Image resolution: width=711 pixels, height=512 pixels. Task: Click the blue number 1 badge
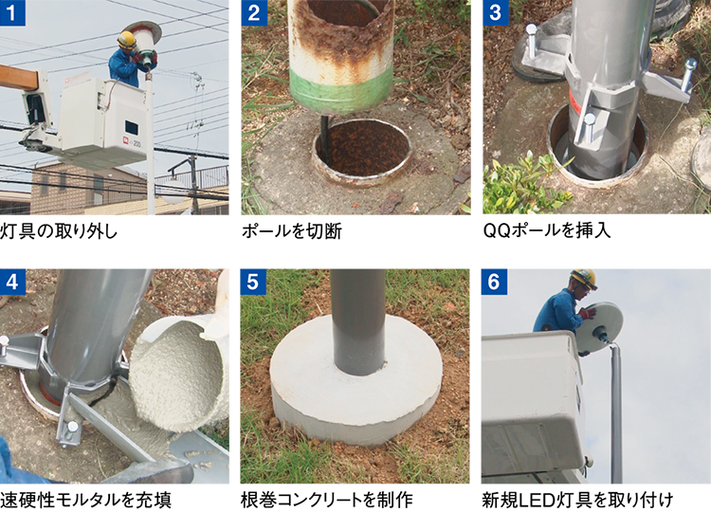12,12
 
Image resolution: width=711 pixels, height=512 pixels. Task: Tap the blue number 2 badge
254,12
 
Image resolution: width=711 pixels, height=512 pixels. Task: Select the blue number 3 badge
496,12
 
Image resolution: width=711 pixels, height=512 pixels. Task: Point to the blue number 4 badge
12,283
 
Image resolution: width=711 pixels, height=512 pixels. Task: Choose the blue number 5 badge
253,283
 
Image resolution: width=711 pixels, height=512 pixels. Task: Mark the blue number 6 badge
494,283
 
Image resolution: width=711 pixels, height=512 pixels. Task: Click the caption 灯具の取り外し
59,231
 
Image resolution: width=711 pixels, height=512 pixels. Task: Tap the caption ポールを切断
292,231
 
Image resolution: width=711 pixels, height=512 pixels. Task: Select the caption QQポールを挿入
547,230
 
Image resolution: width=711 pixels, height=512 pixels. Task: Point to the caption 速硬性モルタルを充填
85,501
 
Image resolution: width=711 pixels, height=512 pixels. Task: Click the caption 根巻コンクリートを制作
326,501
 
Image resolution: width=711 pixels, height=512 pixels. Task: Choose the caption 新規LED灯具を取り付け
577,501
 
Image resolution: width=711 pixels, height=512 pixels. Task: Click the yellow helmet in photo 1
126,40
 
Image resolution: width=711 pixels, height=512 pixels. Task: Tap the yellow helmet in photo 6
584,279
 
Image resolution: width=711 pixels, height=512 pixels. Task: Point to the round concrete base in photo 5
355,381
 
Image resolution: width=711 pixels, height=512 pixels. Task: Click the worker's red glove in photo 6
587,314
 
